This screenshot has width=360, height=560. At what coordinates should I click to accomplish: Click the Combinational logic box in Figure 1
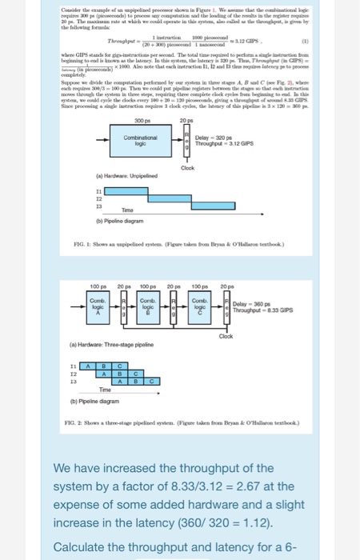(x=139, y=143)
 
